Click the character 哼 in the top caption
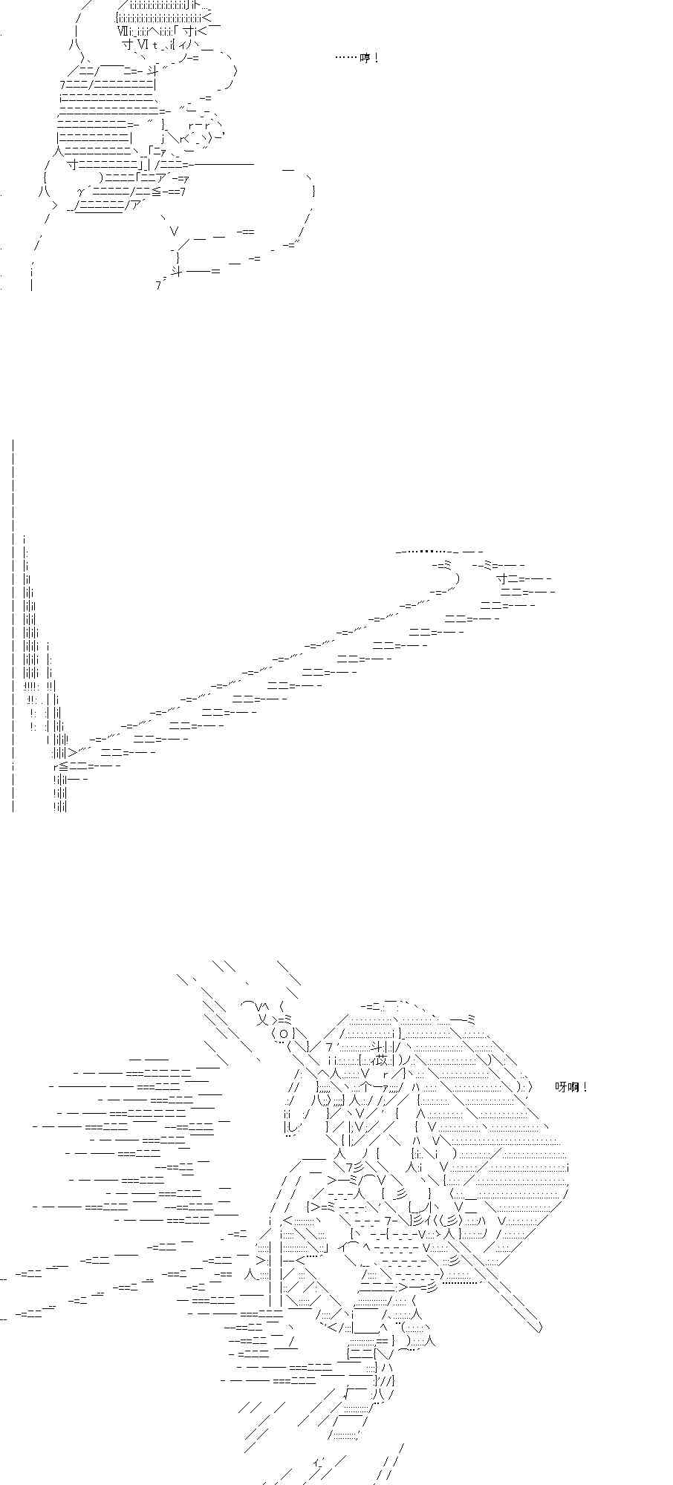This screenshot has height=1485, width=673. click(x=365, y=58)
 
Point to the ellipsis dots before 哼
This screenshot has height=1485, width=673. click(x=347, y=58)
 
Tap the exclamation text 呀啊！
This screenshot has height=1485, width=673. click(x=572, y=1087)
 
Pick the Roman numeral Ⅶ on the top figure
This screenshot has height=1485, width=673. click(x=123, y=30)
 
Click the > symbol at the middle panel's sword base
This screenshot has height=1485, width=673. click(x=73, y=752)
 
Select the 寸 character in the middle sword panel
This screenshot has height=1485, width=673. click(x=502, y=578)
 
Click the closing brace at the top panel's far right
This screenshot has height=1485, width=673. click(x=314, y=192)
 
